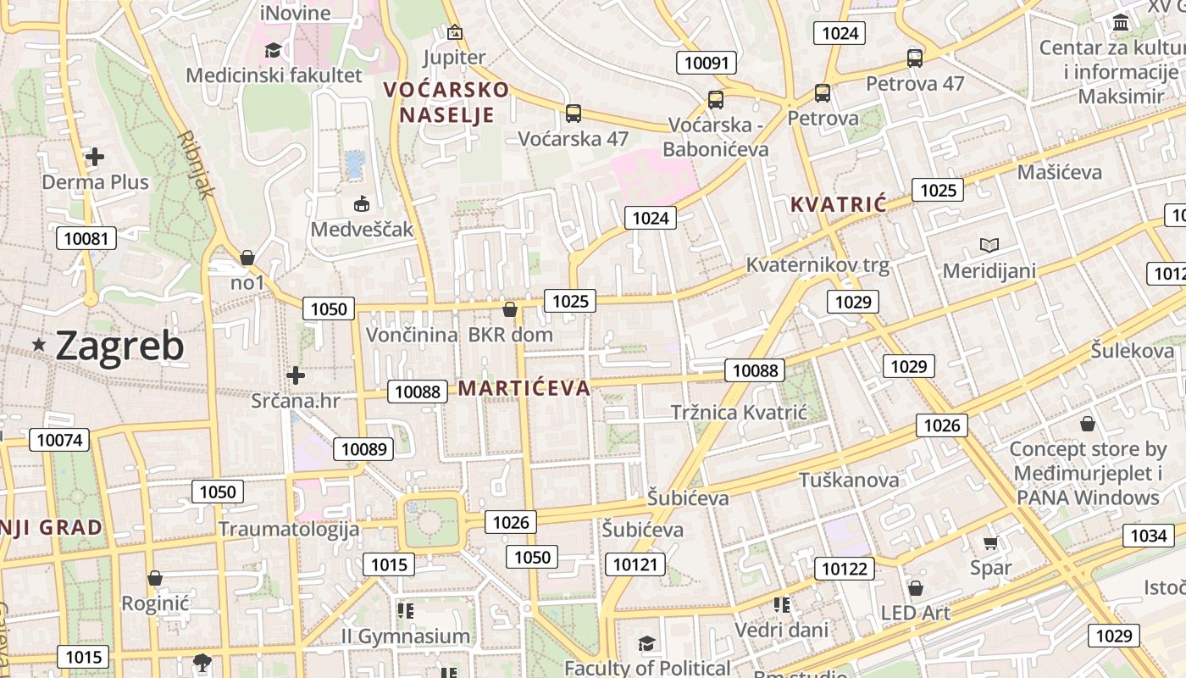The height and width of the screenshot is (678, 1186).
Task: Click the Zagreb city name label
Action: pyautogui.click(x=119, y=346)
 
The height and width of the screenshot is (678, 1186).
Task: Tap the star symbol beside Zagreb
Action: pyautogui.click(x=39, y=345)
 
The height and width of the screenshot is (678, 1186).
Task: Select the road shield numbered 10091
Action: pyautogui.click(x=707, y=63)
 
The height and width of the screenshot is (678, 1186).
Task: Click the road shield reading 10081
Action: pyautogui.click(x=86, y=238)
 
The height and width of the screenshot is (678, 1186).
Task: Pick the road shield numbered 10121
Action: pyautogui.click(x=635, y=564)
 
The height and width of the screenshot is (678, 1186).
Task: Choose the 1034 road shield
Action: pyautogui.click(x=1149, y=536)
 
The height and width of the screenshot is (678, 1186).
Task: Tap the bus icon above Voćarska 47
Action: pyautogui.click(x=574, y=114)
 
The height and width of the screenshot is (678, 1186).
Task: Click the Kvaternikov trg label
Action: pyautogui.click(x=817, y=265)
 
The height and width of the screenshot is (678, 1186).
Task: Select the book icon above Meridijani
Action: pyautogui.click(x=989, y=246)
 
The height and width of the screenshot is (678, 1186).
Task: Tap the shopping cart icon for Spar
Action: pyautogui.click(x=991, y=542)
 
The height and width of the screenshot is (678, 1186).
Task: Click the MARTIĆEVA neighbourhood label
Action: pyautogui.click(x=524, y=388)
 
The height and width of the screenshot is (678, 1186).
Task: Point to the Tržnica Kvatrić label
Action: pyautogui.click(x=739, y=413)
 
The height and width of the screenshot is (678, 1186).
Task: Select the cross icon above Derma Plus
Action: pyautogui.click(x=95, y=157)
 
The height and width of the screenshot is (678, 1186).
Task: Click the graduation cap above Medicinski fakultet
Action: pyautogui.click(x=273, y=50)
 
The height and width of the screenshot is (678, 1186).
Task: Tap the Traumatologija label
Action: pyautogui.click(x=289, y=530)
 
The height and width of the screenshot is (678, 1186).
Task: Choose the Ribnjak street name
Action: pyautogui.click(x=196, y=164)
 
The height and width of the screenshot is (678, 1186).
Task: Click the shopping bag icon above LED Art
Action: pyautogui.click(x=916, y=588)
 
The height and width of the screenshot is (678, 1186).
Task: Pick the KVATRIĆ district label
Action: pyautogui.click(x=838, y=204)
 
